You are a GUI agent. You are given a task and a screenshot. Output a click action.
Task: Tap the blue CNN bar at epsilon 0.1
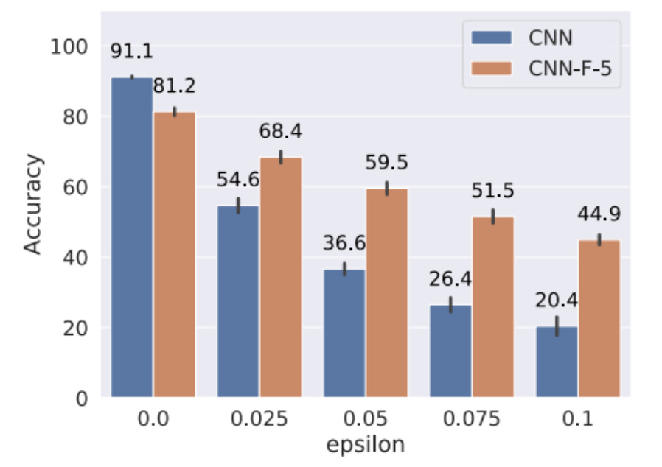557,362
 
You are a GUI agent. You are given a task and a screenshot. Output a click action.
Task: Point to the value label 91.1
131,52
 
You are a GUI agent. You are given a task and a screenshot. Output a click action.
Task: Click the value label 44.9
599,214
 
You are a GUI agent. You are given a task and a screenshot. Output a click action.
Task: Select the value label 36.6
344,244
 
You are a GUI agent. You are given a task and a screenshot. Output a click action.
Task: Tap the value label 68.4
281,133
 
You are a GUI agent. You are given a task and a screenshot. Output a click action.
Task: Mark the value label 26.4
450,279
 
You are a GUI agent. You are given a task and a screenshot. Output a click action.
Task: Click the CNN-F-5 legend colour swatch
489,68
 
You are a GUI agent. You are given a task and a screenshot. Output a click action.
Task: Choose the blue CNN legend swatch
489,35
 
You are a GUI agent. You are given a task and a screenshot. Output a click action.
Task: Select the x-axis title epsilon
366,445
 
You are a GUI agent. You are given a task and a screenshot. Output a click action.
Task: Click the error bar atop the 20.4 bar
557,326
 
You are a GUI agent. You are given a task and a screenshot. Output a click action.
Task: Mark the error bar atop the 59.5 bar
387,189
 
